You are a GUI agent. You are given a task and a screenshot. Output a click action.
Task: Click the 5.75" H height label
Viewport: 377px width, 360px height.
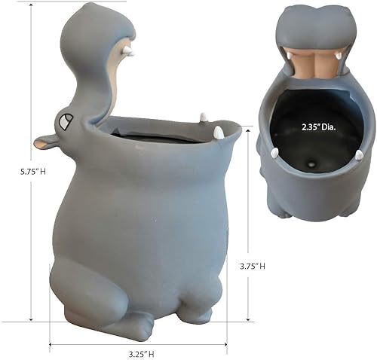pos(17,170)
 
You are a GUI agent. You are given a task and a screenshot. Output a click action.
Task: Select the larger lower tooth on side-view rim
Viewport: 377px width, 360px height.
pos(218,133)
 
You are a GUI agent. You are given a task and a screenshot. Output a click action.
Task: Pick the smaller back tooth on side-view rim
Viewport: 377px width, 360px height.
pos(202,117)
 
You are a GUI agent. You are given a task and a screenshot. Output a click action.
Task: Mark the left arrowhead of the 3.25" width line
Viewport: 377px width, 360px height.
pos(52,344)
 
